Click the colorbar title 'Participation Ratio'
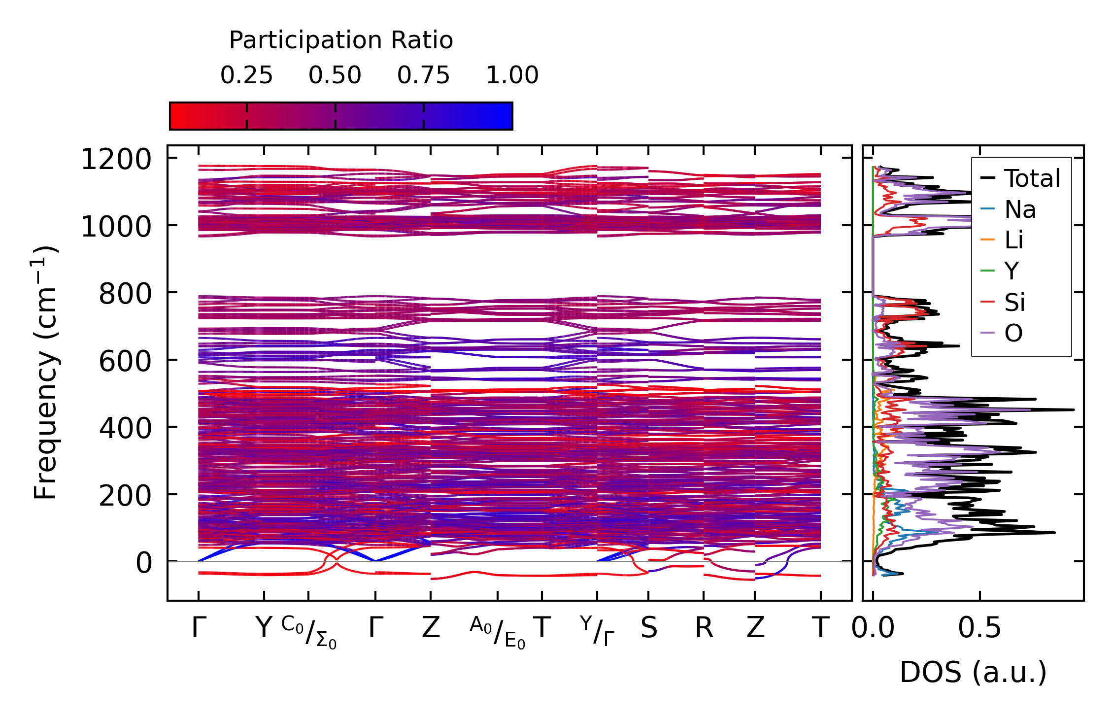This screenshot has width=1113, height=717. pyautogui.click(x=341, y=40)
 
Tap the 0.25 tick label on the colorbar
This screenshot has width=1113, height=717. pyautogui.click(x=246, y=75)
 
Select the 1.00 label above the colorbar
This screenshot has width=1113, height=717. pyautogui.click(x=512, y=75)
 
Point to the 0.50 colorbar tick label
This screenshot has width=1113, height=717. pyautogui.click(x=335, y=75)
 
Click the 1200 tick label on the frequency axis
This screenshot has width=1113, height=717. pyautogui.click(x=116, y=160)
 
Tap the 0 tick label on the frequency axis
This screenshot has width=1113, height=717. pyautogui.click(x=144, y=563)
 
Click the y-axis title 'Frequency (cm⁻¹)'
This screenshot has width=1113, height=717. pyautogui.click(x=45, y=373)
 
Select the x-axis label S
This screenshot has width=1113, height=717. pyautogui.click(x=648, y=628)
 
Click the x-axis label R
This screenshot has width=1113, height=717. pyautogui.click(x=704, y=628)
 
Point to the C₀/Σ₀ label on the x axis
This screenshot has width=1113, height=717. pyautogui.click(x=309, y=632)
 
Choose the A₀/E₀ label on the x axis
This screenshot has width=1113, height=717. pyautogui.click(x=498, y=632)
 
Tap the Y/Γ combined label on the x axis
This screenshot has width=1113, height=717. pyautogui.click(x=597, y=631)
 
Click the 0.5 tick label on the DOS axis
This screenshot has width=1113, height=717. pyautogui.click(x=979, y=628)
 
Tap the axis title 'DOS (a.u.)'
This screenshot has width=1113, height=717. pyautogui.click(x=973, y=672)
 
